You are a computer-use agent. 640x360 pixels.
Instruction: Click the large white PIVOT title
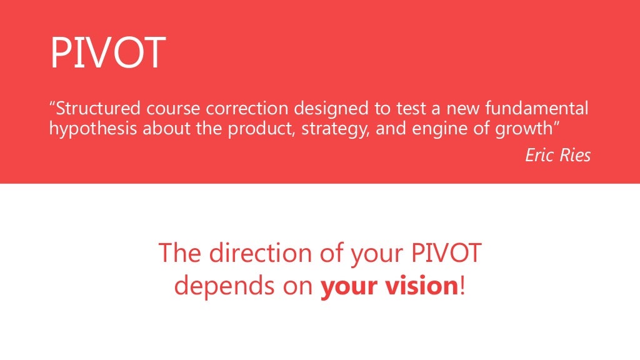[107, 53]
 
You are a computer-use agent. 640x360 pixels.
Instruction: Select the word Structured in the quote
[99, 109]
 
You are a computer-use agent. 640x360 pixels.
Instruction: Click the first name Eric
[539, 155]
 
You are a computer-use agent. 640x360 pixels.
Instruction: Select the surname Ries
[575, 155]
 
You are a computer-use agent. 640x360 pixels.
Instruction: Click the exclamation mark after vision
[462, 286]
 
